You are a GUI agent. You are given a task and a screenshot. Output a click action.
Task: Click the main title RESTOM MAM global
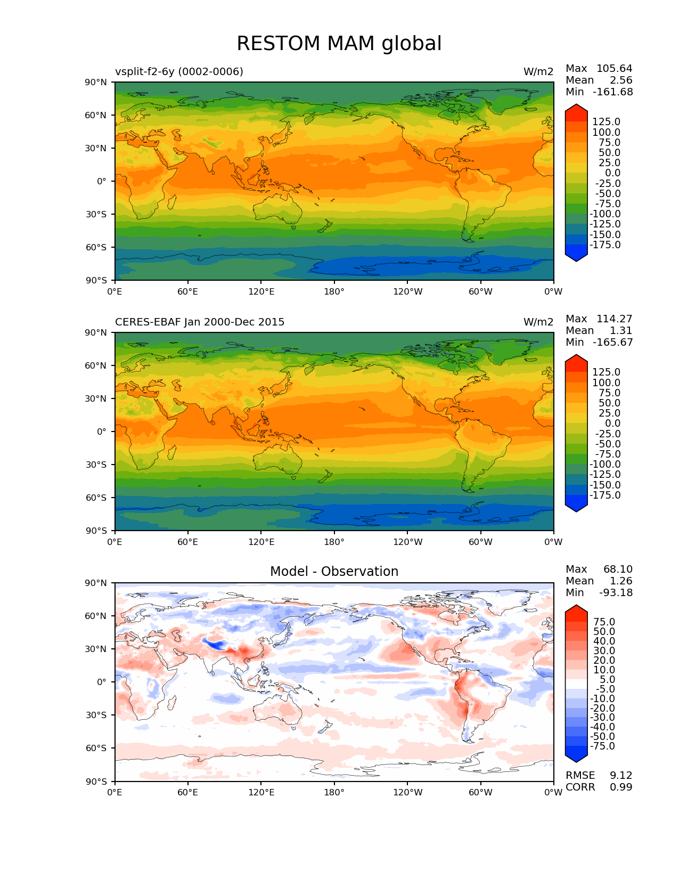point(339,44)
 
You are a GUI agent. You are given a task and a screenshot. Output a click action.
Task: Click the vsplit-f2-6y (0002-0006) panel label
point(179,71)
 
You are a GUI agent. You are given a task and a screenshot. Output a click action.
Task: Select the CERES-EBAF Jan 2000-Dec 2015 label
point(200,322)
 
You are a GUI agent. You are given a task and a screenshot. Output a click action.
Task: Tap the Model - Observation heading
point(334,572)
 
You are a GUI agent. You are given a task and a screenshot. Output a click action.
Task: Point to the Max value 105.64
point(614,68)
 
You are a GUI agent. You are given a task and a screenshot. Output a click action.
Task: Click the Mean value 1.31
point(621,330)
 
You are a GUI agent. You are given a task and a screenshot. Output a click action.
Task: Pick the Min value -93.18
point(616,592)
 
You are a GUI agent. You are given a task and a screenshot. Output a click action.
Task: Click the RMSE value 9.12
point(621,775)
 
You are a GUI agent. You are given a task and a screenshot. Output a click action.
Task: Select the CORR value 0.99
point(621,787)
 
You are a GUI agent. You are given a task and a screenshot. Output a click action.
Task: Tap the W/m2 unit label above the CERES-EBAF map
point(538,322)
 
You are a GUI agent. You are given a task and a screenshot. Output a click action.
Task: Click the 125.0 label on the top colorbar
point(606,122)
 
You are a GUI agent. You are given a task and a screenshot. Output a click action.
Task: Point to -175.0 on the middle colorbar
point(605,495)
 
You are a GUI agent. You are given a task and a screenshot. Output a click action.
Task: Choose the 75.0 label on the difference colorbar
point(604,622)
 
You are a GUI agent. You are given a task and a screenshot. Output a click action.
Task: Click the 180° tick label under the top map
point(334,291)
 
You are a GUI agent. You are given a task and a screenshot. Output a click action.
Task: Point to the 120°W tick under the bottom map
point(407,792)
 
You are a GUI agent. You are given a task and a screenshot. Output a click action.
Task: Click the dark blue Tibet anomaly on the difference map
point(216,645)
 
